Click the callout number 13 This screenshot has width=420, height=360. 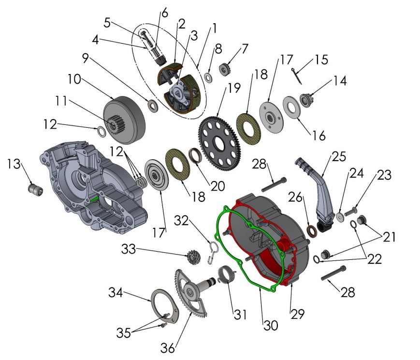coord(14,165)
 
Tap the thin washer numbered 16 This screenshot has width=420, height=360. coord(291,105)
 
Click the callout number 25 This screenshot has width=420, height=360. coord(338,157)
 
